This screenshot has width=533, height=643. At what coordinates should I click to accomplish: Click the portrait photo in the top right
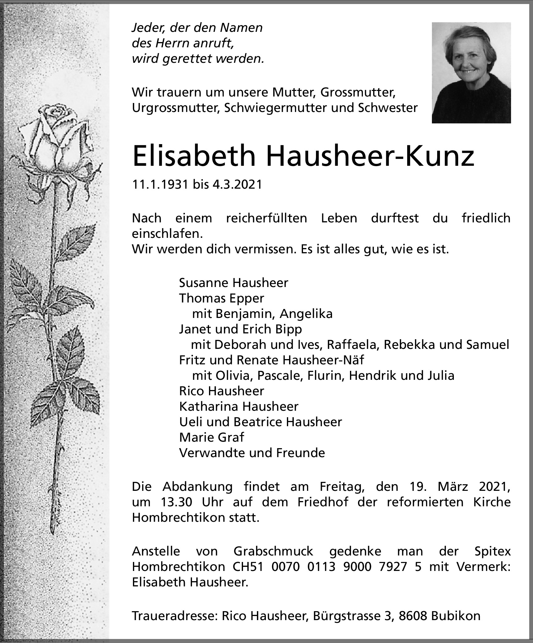click(471, 73)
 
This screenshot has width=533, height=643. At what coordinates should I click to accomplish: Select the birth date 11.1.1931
click(160, 185)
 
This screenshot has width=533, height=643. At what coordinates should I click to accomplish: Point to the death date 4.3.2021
click(237, 185)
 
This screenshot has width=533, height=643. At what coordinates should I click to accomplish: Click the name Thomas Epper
click(222, 298)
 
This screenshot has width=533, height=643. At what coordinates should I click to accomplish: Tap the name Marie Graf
click(211, 437)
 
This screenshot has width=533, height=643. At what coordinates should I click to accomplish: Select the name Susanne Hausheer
click(233, 283)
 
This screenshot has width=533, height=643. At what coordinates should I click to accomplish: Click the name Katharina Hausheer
click(239, 406)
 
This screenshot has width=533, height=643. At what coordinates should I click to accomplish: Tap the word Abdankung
click(198, 487)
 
